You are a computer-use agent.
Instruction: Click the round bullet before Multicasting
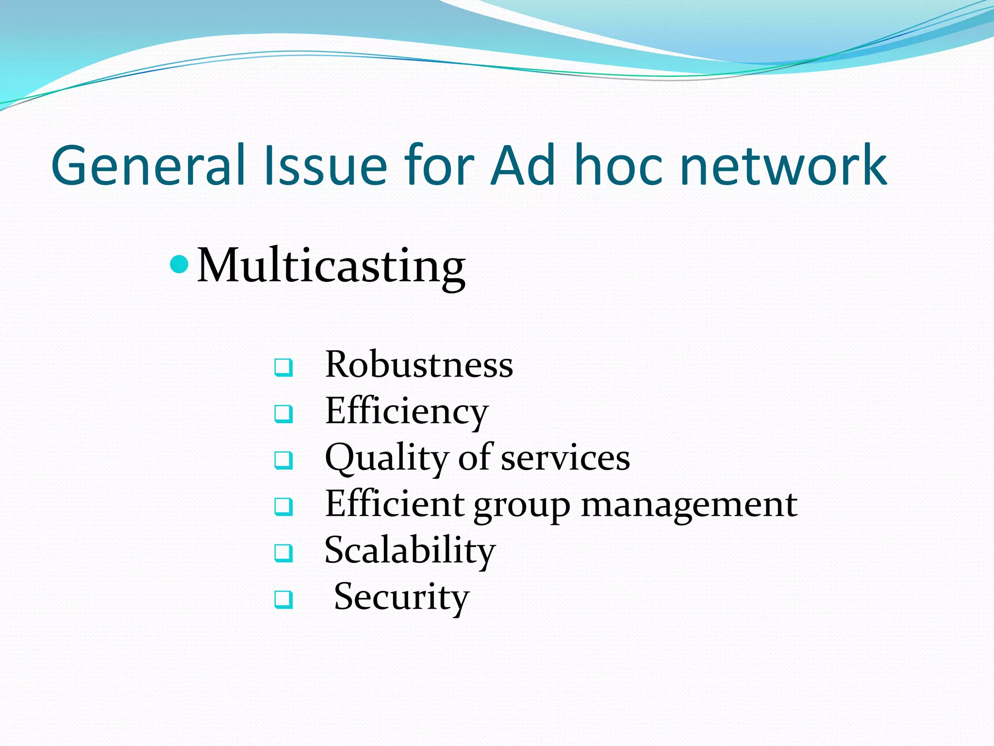point(180,265)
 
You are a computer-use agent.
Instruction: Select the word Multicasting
point(331,266)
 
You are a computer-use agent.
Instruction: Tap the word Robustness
point(419,364)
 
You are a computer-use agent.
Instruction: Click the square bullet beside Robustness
point(283,367)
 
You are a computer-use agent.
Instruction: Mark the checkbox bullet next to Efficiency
point(283,414)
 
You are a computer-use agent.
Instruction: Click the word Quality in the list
point(386,458)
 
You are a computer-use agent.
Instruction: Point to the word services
point(565,458)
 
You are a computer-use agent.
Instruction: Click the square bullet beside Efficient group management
point(283,507)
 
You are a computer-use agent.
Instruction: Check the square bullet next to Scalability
point(283,553)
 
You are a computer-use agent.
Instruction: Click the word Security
point(401,597)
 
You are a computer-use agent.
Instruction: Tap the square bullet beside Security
point(283,599)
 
